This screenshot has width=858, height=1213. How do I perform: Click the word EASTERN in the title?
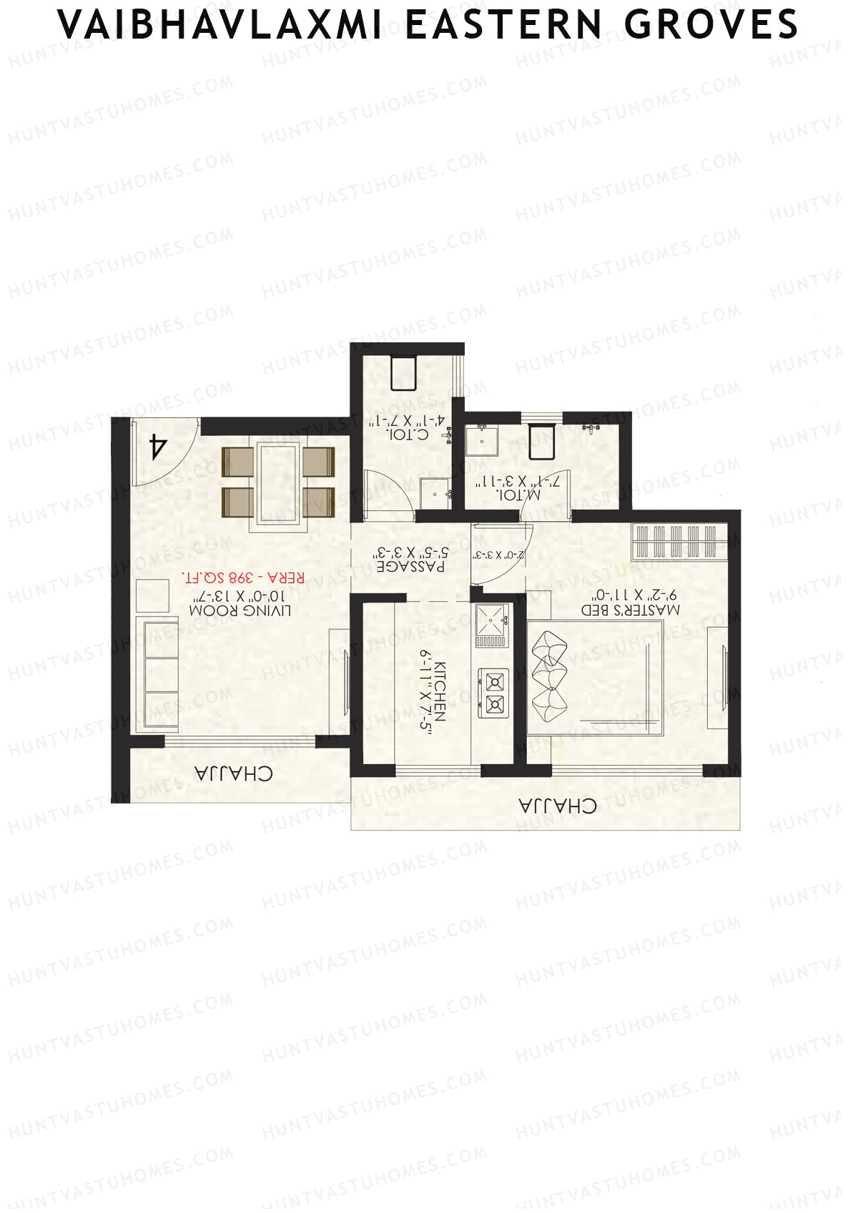click(x=503, y=25)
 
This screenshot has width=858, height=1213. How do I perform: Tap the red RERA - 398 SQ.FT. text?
click(x=243, y=577)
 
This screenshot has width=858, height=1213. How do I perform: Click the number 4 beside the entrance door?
click(x=157, y=447)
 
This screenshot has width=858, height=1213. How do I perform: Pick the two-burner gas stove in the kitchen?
click(x=493, y=692)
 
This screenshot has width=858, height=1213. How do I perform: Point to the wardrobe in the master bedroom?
click(x=676, y=542)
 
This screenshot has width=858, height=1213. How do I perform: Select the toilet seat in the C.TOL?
click(x=403, y=373)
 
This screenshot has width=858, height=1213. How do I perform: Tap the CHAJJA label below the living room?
click(x=233, y=773)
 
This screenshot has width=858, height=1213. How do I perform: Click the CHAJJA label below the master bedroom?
click(x=558, y=806)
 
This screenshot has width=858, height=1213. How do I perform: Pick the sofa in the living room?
click(x=159, y=674)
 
